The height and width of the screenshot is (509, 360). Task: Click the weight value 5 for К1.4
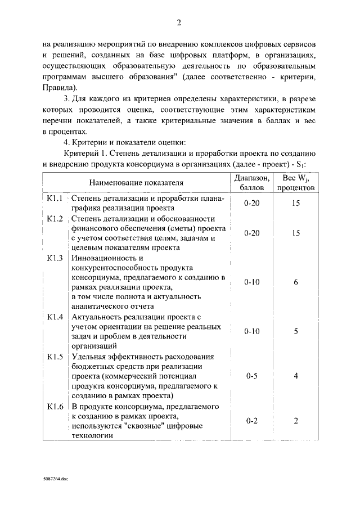(296, 332)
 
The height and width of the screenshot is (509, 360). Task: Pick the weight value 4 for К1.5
(296, 376)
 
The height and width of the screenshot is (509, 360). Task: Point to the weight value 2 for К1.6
(296, 421)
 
